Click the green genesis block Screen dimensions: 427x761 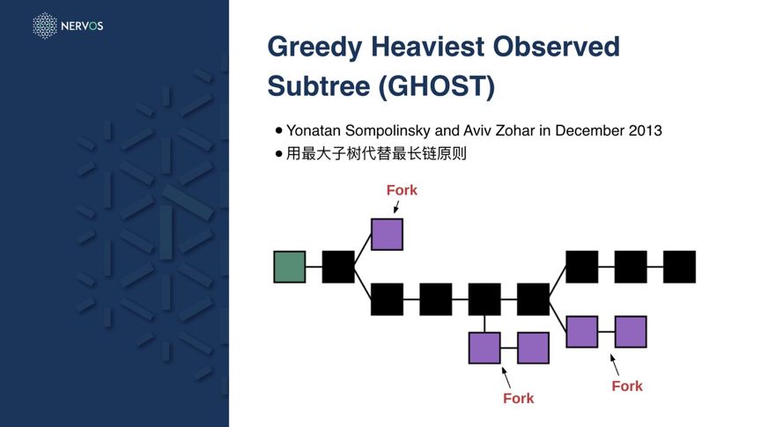290,267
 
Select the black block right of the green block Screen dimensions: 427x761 338,267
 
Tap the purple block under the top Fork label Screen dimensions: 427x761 387,234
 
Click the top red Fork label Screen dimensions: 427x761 402,190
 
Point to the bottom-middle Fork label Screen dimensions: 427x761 519,398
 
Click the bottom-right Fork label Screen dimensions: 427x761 627,386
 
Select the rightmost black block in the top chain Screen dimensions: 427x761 679,267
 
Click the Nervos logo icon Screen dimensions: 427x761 44,26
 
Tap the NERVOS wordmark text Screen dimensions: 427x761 82,26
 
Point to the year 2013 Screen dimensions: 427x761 645,130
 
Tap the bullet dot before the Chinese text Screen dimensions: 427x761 279,153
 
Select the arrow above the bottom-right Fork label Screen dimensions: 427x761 615,364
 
